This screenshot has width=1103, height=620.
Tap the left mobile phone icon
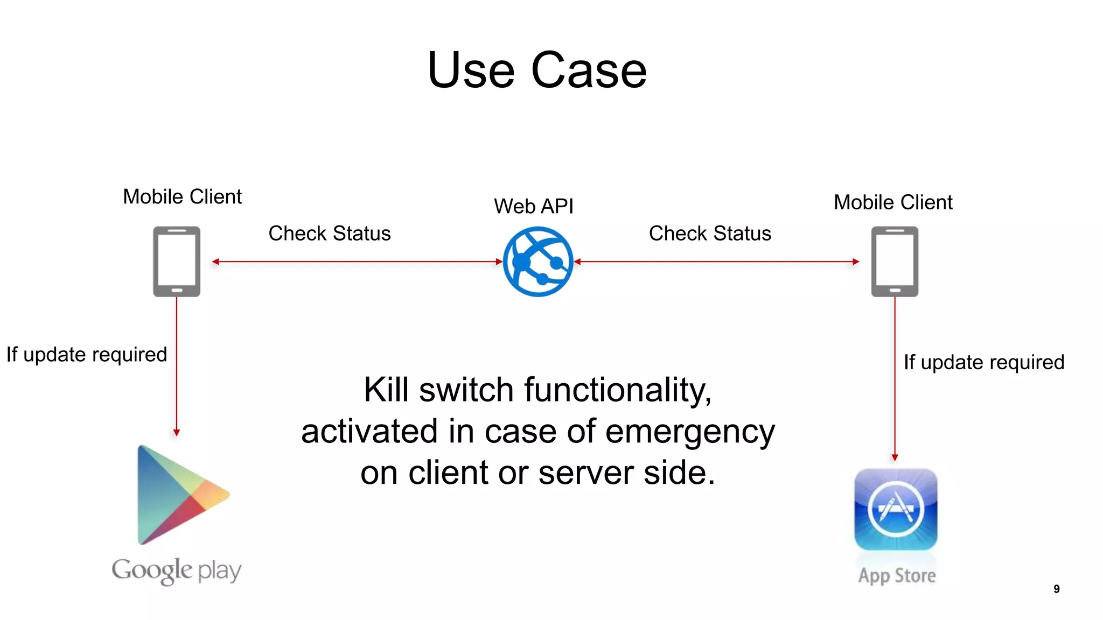click(x=177, y=262)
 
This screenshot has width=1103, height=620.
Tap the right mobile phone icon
click(x=895, y=262)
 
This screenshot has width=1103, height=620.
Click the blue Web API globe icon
click(x=537, y=262)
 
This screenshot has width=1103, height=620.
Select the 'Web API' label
click(x=534, y=206)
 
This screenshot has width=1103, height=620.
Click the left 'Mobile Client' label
click(x=182, y=196)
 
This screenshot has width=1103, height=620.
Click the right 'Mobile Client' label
click(x=893, y=202)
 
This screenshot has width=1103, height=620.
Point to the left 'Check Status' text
click(x=330, y=234)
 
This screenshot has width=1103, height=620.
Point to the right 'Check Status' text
click(x=710, y=234)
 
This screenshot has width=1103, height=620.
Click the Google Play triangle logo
click(x=178, y=495)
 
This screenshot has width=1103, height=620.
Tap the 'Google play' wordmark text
click(x=177, y=570)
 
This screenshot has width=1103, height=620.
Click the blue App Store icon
click(x=896, y=509)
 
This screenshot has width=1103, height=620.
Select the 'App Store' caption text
click(x=897, y=576)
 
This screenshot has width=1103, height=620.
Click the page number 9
click(x=1057, y=589)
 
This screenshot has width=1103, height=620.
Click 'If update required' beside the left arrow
click(x=87, y=355)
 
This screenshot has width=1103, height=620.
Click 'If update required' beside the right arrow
click(x=984, y=362)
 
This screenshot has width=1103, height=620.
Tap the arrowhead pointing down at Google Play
click(x=177, y=432)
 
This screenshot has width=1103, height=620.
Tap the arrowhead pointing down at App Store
click(x=895, y=457)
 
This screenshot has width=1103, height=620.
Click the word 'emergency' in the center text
click(x=690, y=432)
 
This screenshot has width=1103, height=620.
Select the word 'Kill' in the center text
click(x=386, y=390)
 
